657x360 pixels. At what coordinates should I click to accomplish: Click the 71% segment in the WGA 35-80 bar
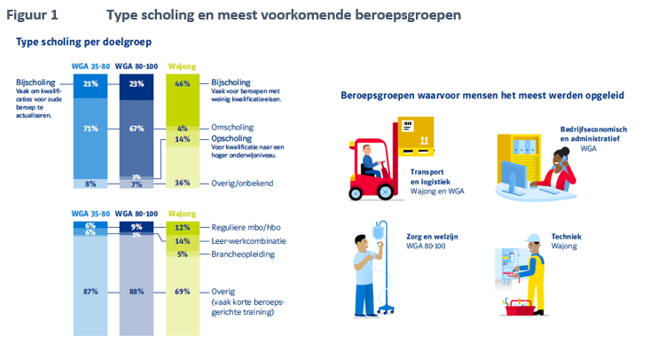point(90,129)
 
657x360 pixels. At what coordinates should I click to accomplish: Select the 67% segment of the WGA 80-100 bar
point(137,129)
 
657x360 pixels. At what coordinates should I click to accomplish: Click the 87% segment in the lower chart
point(90,291)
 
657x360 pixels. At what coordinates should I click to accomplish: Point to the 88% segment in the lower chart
point(137,291)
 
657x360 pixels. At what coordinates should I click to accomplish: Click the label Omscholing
point(233,128)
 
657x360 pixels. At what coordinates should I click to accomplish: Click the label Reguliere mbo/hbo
point(246,228)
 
